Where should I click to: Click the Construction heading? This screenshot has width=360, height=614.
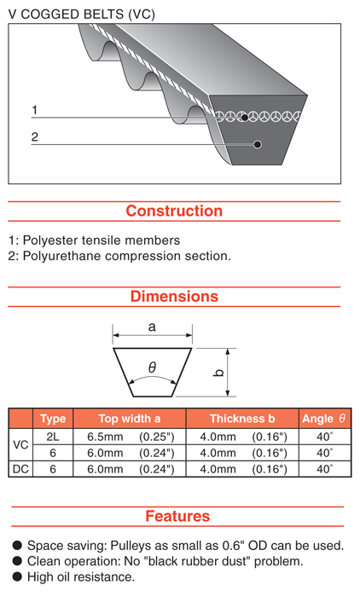(174, 211)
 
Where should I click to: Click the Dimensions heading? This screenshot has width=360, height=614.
(174, 296)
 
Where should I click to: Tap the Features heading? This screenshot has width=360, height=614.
(177, 516)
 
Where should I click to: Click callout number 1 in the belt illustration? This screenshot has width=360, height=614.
(34, 110)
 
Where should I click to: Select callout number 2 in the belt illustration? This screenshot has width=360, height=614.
(35, 137)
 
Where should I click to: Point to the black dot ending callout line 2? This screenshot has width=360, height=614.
(258, 144)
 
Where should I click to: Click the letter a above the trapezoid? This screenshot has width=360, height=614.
(152, 327)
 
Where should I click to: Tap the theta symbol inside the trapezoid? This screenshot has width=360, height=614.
(153, 368)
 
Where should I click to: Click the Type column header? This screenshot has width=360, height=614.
(53, 419)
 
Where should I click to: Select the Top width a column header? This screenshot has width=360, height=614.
(130, 419)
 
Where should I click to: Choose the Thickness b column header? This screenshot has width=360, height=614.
(242, 419)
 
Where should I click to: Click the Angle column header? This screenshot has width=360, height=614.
(323, 419)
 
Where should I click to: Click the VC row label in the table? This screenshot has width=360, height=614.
(20, 445)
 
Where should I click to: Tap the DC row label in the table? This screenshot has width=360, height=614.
(20, 469)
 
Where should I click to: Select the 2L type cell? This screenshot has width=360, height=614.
(53, 437)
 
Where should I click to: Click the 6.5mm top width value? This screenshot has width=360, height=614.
(105, 437)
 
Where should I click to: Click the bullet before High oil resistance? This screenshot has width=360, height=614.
(17, 576)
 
